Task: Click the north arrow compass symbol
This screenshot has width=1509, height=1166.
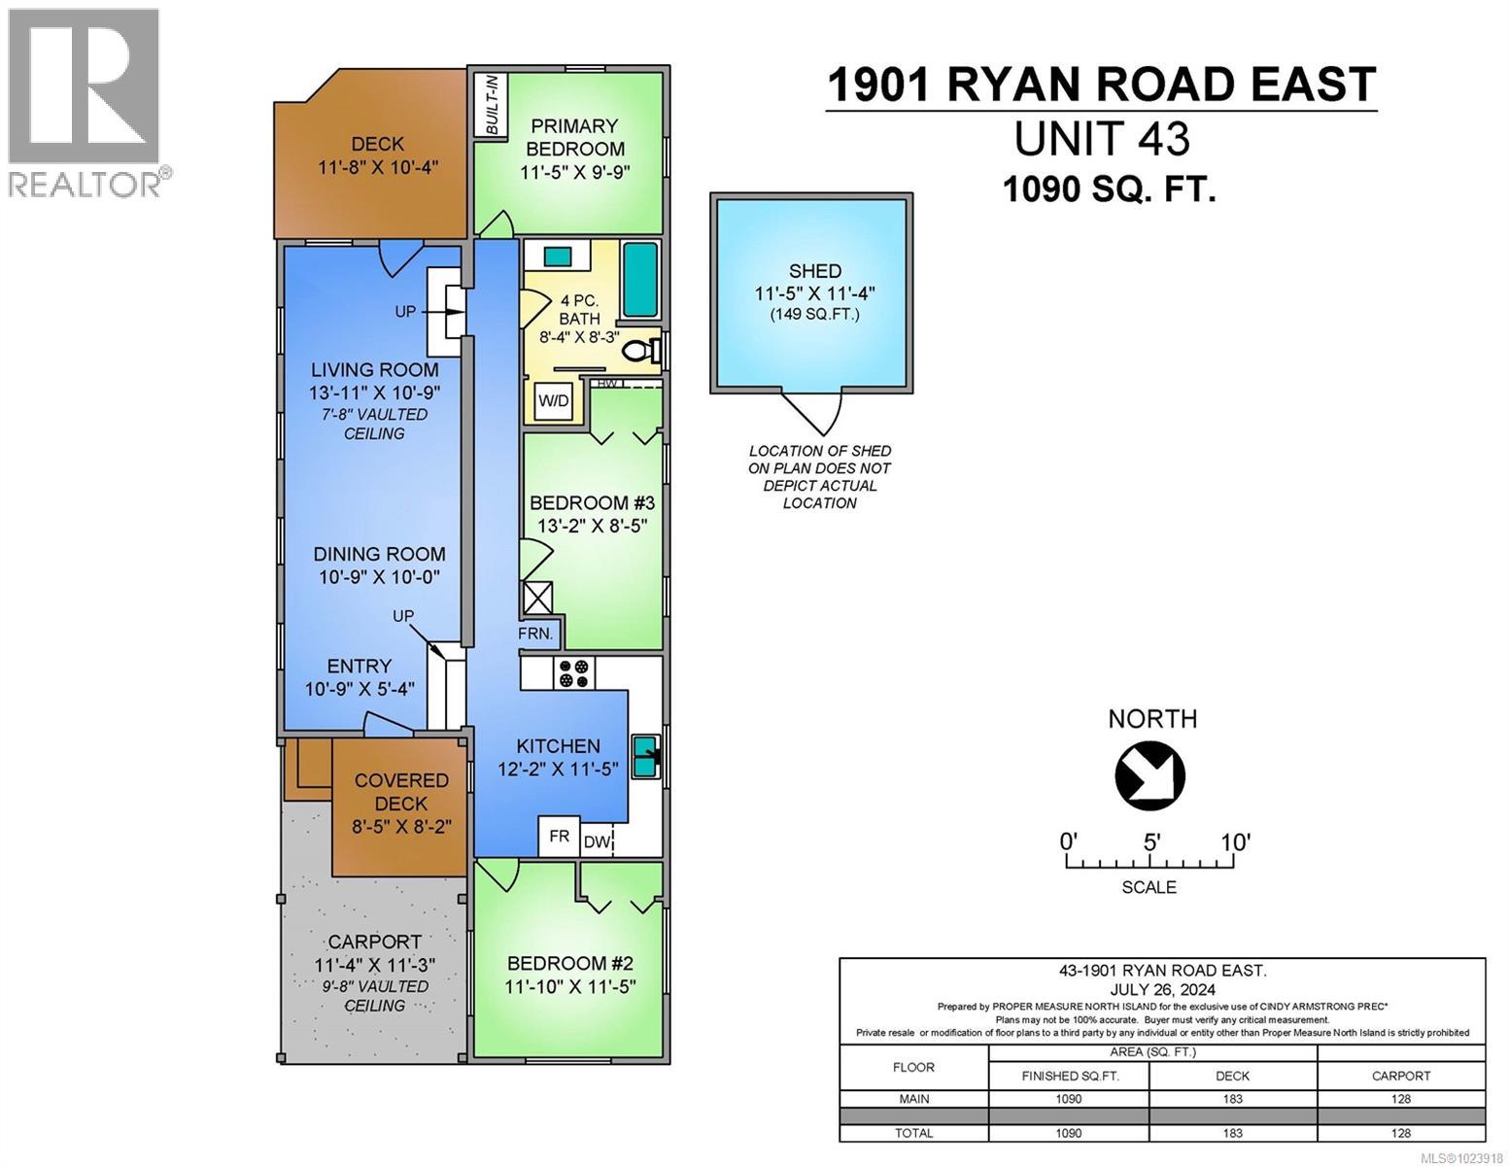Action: point(1150,774)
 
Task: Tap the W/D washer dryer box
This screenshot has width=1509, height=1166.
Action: point(554,401)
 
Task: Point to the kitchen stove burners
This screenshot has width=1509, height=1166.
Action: point(573,673)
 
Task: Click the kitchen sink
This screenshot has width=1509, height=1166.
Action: point(645,755)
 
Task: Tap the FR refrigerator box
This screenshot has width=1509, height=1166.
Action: point(560,837)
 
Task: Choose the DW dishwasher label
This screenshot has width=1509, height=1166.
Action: point(597,842)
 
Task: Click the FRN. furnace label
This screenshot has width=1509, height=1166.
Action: point(535,634)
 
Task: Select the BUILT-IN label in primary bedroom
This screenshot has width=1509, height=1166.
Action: point(492,104)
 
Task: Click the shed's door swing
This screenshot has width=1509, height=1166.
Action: point(814,413)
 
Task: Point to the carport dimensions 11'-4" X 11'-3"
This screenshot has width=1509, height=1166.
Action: point(374,965)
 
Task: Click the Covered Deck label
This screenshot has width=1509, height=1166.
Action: point(401,792)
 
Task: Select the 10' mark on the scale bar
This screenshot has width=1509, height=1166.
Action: point(1234,842)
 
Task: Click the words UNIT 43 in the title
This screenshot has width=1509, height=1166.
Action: point(1101,139)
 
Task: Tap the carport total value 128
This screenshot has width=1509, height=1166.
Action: point(1400,1133)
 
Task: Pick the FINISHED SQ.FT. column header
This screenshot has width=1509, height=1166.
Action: point(1069,1076)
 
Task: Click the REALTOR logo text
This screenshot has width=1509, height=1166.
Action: point(86,184)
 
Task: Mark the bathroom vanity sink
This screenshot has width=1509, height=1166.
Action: point(558,257)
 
